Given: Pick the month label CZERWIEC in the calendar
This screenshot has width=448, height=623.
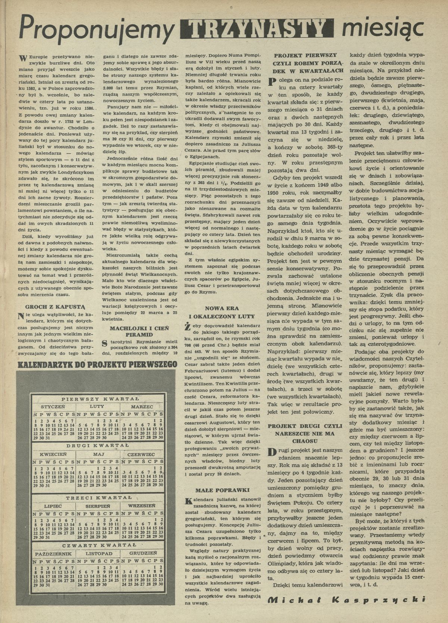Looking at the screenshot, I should pos(141,454).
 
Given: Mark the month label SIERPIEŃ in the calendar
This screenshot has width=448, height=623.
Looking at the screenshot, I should pos(97,506).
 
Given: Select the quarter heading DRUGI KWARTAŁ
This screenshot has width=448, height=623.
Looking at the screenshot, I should pos(98,446).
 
